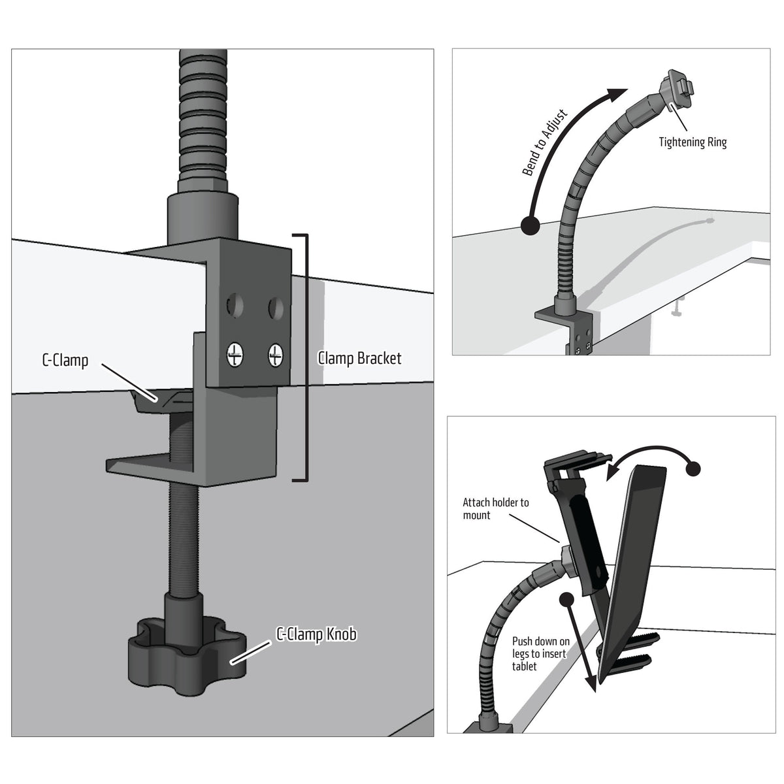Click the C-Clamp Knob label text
(x=317, y=634)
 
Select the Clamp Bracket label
(x=359, y=358)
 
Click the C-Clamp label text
(x=65, y=360)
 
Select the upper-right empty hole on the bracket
(x=276, y=304)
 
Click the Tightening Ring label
(x=692, y=142)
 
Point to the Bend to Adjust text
(x=546, y=143)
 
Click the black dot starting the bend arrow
(x=529, y=226)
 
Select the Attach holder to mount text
(x=495, y=509)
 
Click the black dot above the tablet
(x=693, y=468)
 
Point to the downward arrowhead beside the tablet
(x=593, y=682)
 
